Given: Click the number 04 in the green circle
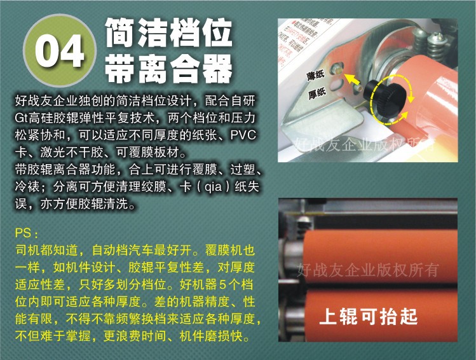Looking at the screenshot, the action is click(x=60, y=50).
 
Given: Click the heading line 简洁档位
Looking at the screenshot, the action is click(x=169, y=32).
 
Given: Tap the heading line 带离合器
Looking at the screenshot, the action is click(x=169, y=69).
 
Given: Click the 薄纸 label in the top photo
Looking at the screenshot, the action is click(x=316, y=74).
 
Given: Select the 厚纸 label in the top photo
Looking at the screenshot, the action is click(x=317, y=93).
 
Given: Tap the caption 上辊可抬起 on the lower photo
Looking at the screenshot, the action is click(x=369, y=316).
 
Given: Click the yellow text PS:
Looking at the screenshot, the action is click(x=27, y=233).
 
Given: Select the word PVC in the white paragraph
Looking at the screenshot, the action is click(x=243, y=135).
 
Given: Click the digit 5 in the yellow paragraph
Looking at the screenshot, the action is click(x=223, y=285).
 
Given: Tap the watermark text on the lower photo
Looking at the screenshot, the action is click(x=368, y=269).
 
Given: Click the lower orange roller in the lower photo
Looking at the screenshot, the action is click(x=381, y=314).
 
